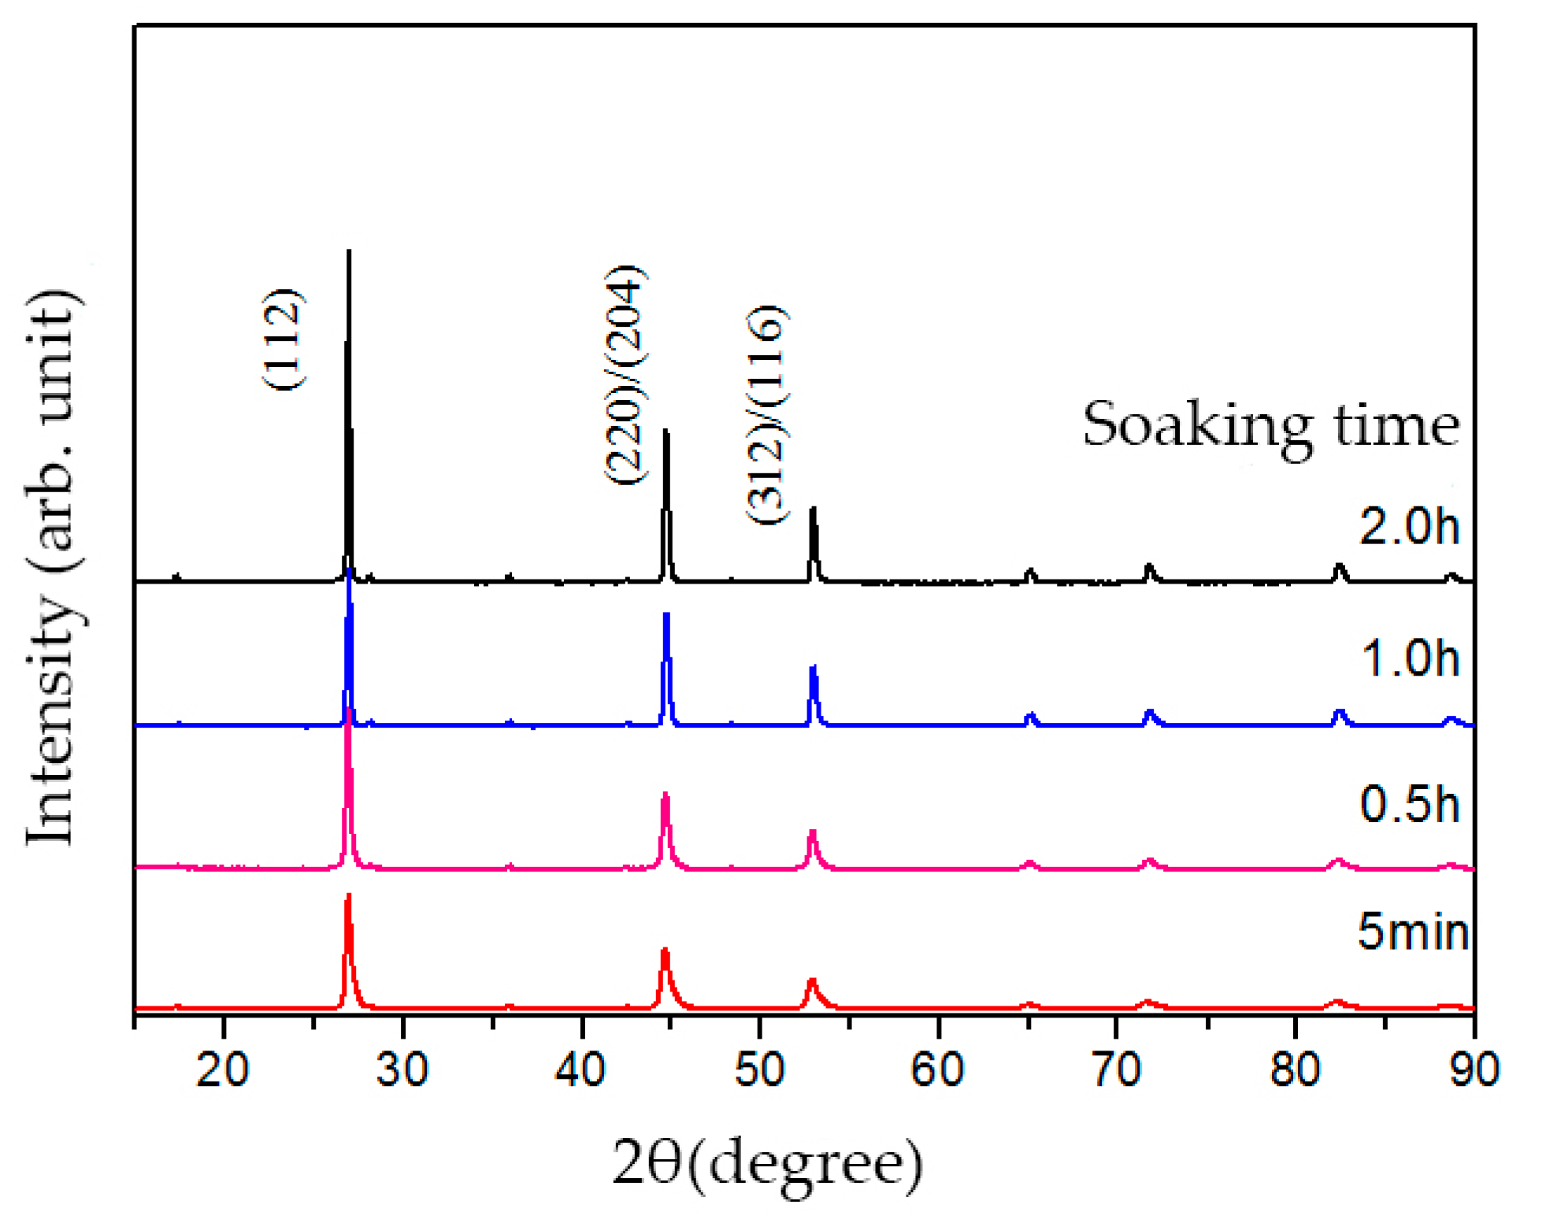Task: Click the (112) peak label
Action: (282, 339)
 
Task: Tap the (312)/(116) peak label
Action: (766, 415)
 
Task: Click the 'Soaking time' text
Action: (1270, 426)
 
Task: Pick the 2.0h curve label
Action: (1408, 526)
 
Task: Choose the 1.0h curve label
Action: (1409, 658)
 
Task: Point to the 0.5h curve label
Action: (1409, 804)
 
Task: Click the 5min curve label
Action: (1413, 931)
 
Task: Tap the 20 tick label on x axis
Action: (223, 1070)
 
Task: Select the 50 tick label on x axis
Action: (759, 1070)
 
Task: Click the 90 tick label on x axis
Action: (1474, 1070)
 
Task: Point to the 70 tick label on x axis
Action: (1117, 1070)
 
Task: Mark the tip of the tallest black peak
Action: (349, 252)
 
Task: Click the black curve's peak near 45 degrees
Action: (666, 432)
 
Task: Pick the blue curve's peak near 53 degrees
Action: (814, 669)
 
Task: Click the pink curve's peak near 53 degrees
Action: (813, 832)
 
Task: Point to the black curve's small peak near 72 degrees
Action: (1149, 566)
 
